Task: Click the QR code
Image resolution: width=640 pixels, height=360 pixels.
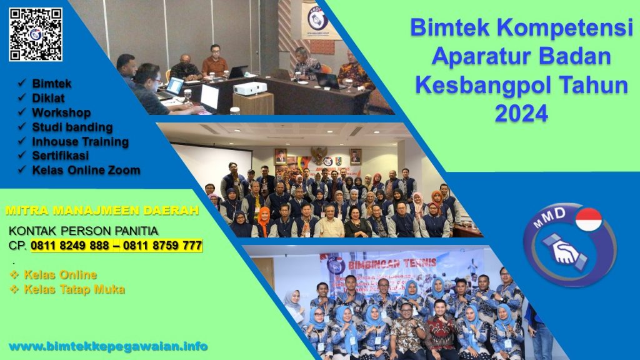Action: [x=36, y=34]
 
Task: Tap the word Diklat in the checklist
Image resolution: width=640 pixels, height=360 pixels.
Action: [x=48, y=97]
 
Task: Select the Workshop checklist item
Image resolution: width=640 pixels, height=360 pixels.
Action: [x=61, y=112]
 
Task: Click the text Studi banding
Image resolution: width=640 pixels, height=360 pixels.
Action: [x=72, y=127]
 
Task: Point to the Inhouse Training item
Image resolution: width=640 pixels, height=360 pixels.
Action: [x=80, y=141]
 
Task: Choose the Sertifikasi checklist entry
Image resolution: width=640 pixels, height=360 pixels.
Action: [x=60, y=156]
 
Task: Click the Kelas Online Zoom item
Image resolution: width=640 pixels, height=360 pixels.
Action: [x=86, y=170]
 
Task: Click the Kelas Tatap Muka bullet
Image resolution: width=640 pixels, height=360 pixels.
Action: [x=74, y=289]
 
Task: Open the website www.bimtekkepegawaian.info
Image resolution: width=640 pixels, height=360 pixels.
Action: [x=108, y=346]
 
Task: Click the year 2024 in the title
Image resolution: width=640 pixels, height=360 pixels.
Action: [x=521, y=113]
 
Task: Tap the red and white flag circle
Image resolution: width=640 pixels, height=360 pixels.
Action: [x=588, y=219]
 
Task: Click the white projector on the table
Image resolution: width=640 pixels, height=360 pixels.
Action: [x=249, y=89]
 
